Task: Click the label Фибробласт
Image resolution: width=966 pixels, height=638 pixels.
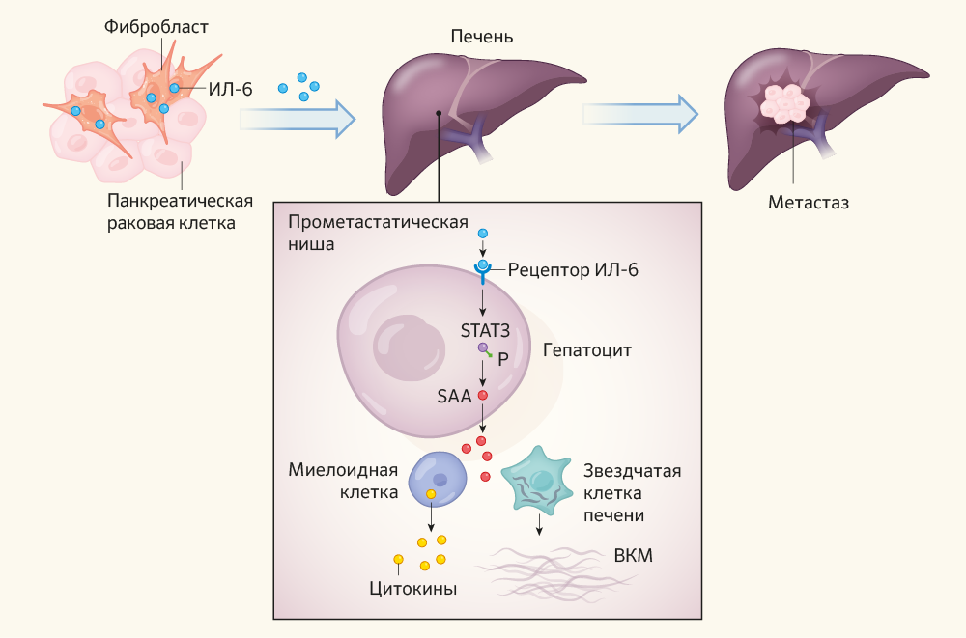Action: coord(156,27)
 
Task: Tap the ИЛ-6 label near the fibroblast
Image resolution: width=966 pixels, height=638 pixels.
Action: coord(230,89)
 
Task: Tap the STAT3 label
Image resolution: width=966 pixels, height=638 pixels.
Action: coord(485,329)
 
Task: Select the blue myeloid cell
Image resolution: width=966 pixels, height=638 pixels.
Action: coord(440,480)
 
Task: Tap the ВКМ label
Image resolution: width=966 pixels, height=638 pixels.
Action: coord(634,557)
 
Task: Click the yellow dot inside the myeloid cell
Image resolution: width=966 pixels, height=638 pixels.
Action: coord(431,495)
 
